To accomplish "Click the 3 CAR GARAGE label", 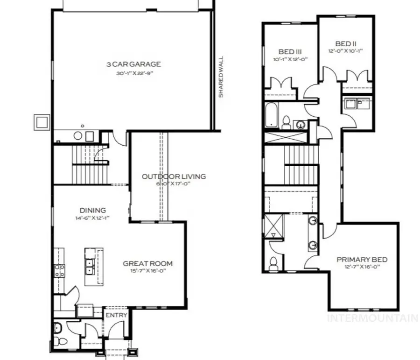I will (133, 64).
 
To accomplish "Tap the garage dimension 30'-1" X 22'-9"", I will (133, 73).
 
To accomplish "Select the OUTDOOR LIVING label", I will (174, 176).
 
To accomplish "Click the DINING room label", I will (92, 210).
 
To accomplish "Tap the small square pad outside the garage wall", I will (42, 122).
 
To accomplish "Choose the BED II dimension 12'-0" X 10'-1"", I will (346, 51).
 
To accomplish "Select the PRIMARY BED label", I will (362, 259).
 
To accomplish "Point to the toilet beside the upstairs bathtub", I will (287, 122).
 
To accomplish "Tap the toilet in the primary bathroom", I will (273, 264).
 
